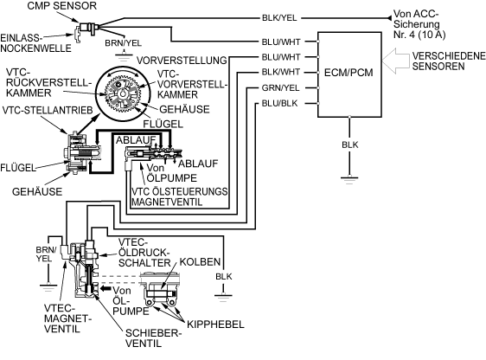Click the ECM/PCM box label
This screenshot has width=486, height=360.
click(x=349, y=73)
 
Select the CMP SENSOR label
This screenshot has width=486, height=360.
click(x=62, y=5)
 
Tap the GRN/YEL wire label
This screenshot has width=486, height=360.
click(x=280, y=88)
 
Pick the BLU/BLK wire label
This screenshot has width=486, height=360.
click(x=279, y=103)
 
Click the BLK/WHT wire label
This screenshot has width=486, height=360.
click(x=281, y=72)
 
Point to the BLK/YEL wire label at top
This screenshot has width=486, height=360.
click(x=279, y=18)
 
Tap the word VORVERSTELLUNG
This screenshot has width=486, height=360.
click(x=182, y=61)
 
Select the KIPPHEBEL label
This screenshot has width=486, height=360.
click(x=215, y=325)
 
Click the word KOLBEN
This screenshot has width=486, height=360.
click(x=200, y=261)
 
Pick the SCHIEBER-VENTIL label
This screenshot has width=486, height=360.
click(x=152, y=338)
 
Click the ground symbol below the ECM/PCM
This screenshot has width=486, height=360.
click(x=349, y=180)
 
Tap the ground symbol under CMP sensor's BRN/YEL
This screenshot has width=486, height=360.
click(x=124, y=55)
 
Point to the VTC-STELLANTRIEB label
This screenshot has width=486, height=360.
click(x=48, y=110)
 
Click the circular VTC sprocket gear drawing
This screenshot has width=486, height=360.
click(x=123, y=93)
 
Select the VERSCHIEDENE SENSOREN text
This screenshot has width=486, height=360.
click(x=448, y=61)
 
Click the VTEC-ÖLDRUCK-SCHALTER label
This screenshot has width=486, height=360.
click(x=144, y=253)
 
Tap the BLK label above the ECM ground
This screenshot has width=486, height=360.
click(x=350, y=145)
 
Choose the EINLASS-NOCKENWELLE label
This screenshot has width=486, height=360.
click(x=35, y=43)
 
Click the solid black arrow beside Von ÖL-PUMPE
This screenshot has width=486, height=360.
click(x=106, y=288)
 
